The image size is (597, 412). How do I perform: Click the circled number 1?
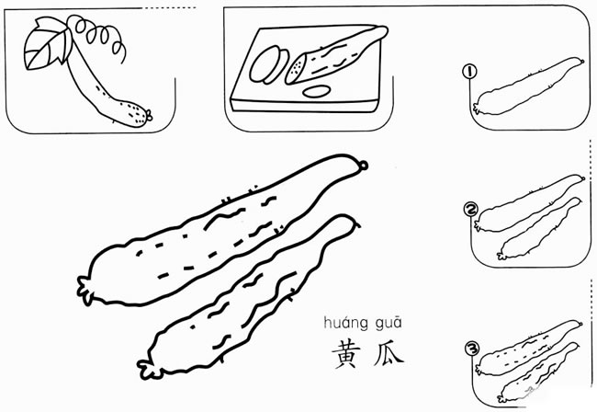(x=469, y=71)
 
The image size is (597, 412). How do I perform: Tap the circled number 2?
(x=470, y=210)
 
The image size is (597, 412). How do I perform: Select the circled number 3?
(x=472, y=349)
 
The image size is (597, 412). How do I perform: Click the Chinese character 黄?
(x=346, y=354)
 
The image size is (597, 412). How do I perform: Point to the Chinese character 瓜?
(x=389, y=353)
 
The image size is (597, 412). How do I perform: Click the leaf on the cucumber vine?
(x=48, y=44)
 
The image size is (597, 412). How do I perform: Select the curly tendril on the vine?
(x=101, y=36)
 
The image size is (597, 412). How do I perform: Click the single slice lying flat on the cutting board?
(x=316, y=91)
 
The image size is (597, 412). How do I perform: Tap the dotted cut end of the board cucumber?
(x=296, y=69)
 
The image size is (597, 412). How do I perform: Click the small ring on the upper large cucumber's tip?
(x=363, y=166)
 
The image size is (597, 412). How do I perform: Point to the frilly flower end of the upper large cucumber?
(x=84, y=291)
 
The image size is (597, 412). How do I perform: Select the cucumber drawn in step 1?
(x=528, y=86)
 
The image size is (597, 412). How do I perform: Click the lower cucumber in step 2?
(x=539, y=229)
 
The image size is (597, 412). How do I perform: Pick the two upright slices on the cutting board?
(x=268, y=64)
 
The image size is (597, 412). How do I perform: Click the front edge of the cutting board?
(x=304, y=106)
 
